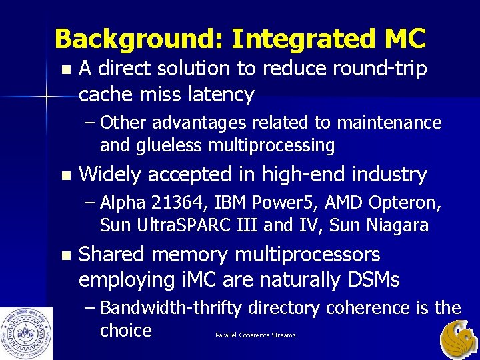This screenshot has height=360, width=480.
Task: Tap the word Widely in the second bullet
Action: click(x=109, y=175)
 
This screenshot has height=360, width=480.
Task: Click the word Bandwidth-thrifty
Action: click(x=195, y=308)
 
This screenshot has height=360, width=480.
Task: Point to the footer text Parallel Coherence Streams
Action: click(x=255, y=335)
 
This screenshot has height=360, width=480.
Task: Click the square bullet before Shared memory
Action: click(x=64, y=255)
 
